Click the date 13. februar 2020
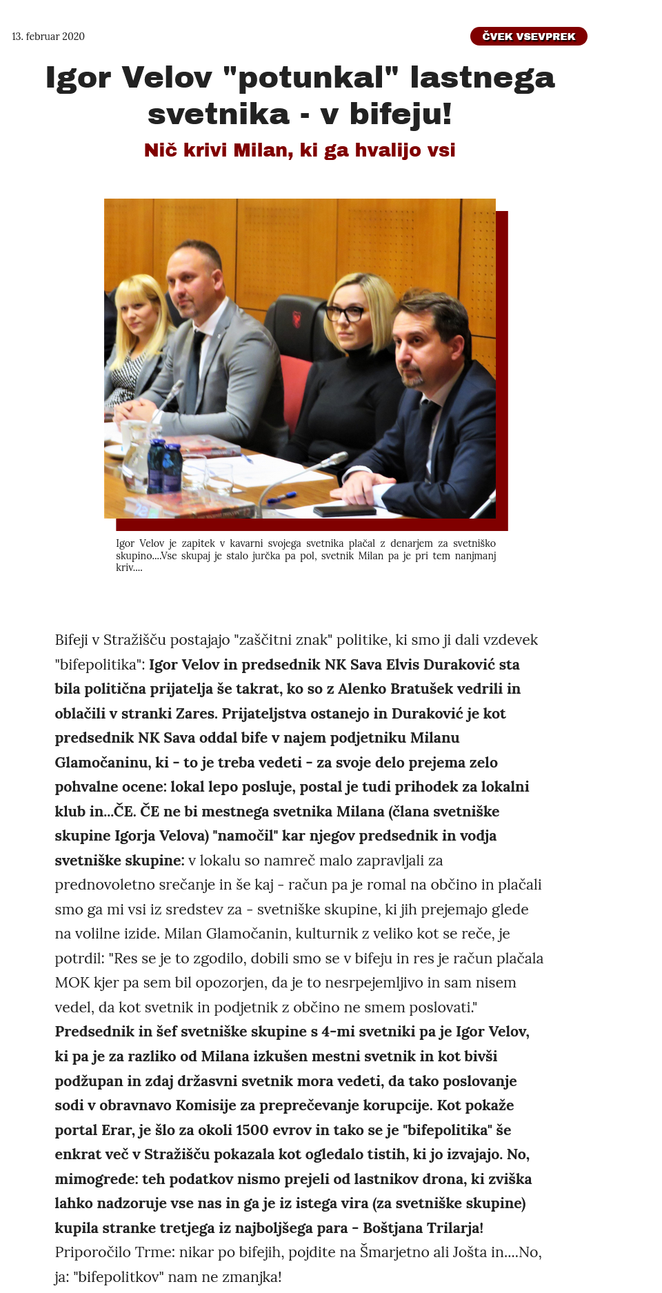click(48, 37)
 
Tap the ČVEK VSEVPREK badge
click(528, 37)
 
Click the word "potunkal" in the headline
click(311, 77)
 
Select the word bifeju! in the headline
click(401, 114)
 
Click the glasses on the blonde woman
click(344, 314)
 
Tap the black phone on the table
click(344, 511)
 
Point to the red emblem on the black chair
click(298, 318)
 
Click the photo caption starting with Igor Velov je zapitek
click(305, 555)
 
